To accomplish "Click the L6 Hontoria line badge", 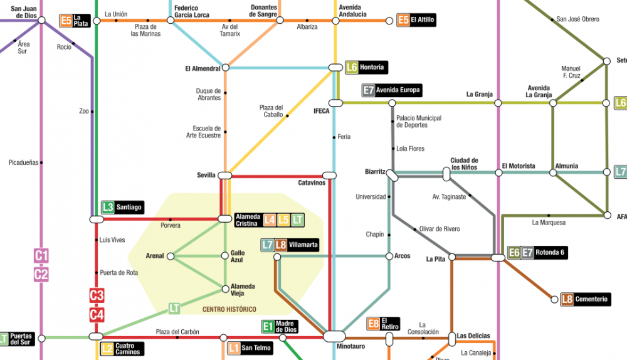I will pos(351,67).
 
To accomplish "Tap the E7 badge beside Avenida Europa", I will pos(368,90).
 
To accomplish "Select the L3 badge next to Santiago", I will pos(107,207).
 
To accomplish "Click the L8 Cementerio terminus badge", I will pos(567,299).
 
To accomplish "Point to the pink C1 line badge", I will pos(41,256).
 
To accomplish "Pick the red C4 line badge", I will pos(97,315).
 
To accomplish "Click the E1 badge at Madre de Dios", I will pos(268,326).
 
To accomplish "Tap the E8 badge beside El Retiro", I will pos(373,324).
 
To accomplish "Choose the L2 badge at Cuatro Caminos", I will pos(107,349).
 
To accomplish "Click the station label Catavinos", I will pos(312,183).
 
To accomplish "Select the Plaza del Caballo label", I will pos(271,111).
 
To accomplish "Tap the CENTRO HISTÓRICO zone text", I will pos(229,309).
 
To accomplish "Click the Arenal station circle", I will pos(171,256).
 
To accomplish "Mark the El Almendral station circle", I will pos(226,68).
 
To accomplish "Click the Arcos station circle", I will pos(389,256).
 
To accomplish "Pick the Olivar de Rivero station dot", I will pos(414,230).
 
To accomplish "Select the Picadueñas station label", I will pos(24,162).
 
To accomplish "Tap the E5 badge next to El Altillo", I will pos(403,20).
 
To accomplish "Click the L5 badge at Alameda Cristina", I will pos(284,220).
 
